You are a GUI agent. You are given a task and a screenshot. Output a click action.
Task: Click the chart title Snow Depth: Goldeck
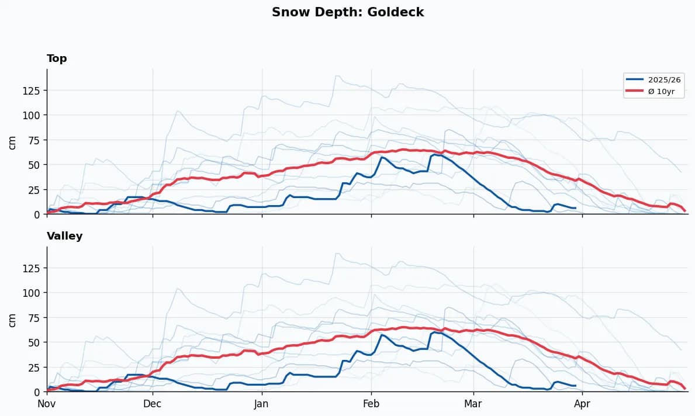coord(348,12)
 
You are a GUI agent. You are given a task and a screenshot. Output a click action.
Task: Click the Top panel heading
coord(57,58)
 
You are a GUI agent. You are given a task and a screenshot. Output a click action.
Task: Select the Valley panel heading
coord(64,236)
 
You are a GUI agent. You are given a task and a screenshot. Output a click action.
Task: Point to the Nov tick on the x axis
coord(47,403)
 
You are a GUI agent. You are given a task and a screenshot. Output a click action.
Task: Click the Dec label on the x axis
coord(153,403)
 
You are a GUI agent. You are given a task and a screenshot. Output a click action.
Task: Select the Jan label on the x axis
coord(262,403)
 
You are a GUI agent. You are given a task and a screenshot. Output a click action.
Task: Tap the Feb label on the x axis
coord(371,403)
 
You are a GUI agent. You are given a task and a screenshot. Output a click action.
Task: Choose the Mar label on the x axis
coord(473,403)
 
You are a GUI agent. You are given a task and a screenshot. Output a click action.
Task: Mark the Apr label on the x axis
coord(583,403)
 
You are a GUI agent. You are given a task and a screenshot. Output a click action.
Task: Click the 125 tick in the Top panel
coord(32,90)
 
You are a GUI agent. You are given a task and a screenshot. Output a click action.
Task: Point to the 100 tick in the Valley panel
coord(32,292)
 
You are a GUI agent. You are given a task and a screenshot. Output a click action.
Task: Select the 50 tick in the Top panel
coord(34,165)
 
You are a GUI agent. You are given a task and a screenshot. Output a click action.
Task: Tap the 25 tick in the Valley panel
coord(34,367)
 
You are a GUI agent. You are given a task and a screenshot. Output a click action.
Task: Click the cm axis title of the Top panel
coord(12,142)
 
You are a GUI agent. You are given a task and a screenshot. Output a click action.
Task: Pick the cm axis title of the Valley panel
coord(12,320)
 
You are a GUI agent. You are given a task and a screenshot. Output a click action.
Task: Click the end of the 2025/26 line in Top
coord(576,208)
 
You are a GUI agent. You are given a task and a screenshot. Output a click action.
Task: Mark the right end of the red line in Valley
coord(684,388)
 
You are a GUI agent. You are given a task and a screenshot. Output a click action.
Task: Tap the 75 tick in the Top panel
coord(34,140)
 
